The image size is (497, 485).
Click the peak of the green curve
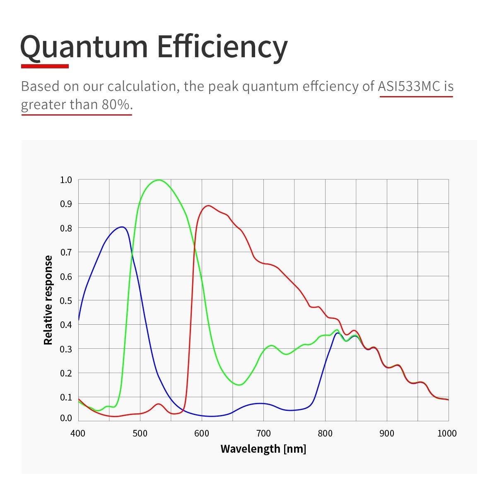(x=159, y=180)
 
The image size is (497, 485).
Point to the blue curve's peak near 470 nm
(x=122, y=227)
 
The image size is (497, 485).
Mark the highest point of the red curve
(x=208, y=205)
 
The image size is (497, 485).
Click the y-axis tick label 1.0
(x=66, y=180)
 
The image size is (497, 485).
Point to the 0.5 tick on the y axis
(x=66, y=301)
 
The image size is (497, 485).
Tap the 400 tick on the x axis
(x=78, y=434)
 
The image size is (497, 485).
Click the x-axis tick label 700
(x=263, y=434)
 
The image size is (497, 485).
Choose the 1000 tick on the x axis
(x=447, y=434)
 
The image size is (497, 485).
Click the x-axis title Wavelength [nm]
(x=263, y=449)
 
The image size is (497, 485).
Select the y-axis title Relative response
(x=48, y=300)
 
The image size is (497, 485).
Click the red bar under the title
(x=45, y=66)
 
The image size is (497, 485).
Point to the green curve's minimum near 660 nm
(x=239, y=385)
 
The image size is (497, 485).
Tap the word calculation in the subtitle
(x=143, y=86)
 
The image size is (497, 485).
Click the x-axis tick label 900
(x=387, y=434)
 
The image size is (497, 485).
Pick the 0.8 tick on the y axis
(x=66, y=228)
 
